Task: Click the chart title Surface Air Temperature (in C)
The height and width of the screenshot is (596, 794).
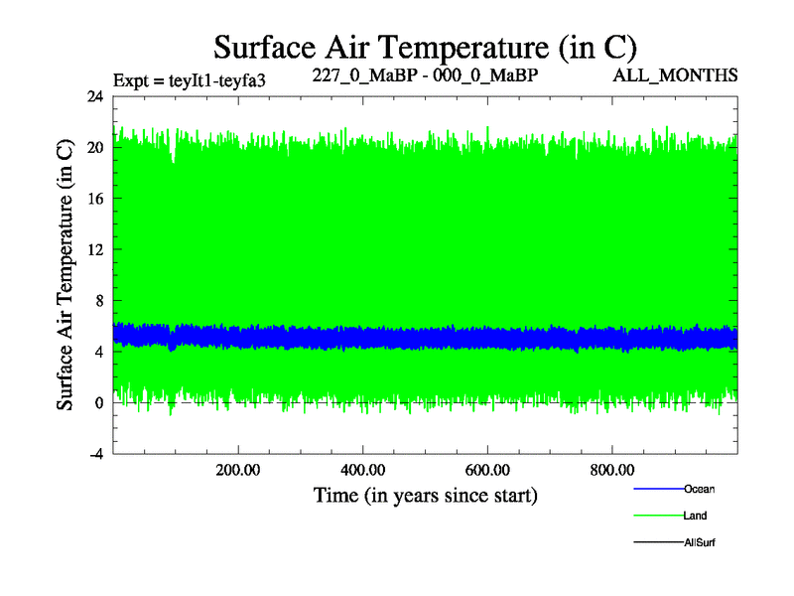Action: (425, 48)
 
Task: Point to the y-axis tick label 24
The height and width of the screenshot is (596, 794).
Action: (95, 96)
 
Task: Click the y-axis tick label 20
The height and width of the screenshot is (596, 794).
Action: (95, 147)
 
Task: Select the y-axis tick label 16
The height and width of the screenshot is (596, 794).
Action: (95, 198)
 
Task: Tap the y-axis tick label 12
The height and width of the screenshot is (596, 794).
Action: (95, 249)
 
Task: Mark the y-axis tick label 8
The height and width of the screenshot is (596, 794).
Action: (99, 300)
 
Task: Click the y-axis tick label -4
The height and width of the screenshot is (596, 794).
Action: (95, 454)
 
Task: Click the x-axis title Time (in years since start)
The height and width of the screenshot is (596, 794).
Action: (425, 494)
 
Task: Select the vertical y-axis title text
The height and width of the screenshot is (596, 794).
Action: (66, 274)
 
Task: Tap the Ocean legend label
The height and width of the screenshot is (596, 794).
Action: (699, 489)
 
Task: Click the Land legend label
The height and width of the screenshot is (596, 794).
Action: (695, 516)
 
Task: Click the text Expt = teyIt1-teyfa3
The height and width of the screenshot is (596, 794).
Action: (191, 79)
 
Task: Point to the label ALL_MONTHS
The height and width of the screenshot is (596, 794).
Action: (689, 75)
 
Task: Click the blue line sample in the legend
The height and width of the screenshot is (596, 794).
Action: (657, 489)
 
